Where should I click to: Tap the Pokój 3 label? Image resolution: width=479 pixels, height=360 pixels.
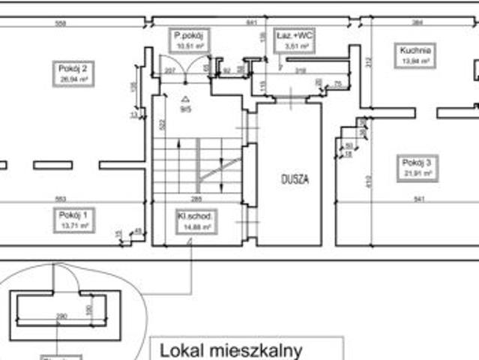416,162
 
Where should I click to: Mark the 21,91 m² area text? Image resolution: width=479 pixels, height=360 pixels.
416,172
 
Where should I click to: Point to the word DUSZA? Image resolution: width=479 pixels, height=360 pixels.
295,179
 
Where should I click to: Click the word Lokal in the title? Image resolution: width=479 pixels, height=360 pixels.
184,350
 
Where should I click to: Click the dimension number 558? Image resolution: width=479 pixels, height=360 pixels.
61,23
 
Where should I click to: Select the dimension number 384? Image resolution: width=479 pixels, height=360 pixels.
418,23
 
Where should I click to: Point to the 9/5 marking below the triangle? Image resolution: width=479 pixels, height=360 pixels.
185,109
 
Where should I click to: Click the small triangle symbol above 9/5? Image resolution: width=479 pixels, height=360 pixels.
185,98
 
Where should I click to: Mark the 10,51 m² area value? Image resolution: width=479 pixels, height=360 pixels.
189,46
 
